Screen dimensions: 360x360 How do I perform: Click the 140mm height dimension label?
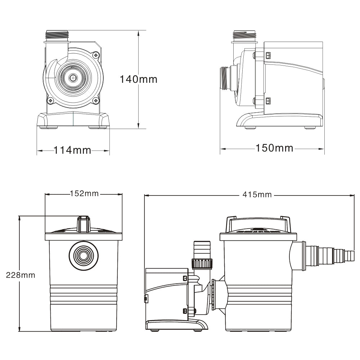point(139,79)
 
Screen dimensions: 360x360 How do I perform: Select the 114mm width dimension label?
point(73,150)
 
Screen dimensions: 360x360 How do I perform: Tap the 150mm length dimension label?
point(274,148)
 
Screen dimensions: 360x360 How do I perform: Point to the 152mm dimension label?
point(84,194)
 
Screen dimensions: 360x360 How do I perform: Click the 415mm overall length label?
point(257,195)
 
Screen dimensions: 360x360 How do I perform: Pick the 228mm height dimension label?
point(21,275)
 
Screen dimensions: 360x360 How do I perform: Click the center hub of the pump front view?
point(73,77)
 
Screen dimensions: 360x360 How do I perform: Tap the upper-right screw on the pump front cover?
point(95,55)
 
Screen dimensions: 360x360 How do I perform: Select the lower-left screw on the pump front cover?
point(50,100)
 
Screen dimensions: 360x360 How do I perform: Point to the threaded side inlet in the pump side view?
point(225,78)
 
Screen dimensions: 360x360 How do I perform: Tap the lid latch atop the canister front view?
point(84,224)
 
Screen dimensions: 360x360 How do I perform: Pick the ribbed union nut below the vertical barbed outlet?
point(202,264)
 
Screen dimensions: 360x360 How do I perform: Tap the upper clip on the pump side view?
point(268,55)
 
